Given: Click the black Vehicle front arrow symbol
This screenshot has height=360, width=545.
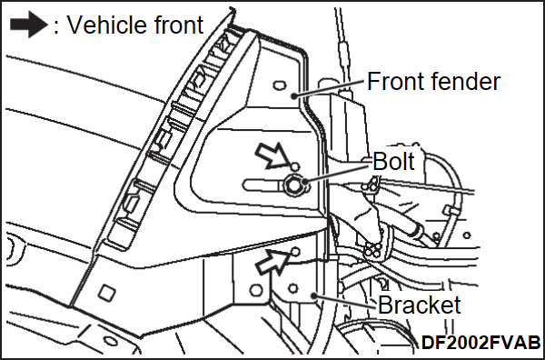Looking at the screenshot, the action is pyautogui.click(x=28, y=25).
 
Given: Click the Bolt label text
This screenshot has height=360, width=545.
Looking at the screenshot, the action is pyautogui.click(x=393, y=161).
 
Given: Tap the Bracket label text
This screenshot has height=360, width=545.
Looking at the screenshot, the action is pyautogui.click(x=419, y=305).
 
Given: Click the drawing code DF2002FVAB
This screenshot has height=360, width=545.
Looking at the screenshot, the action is pyautogui.click(x=481, y=343).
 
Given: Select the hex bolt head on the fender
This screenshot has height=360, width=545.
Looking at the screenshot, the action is pyautogui.click(x=293, y=185).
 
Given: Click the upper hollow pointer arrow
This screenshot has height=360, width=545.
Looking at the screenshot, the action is pyautogui.click(x=272, y=156).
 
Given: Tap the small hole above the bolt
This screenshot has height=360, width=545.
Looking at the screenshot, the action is pyautogui.click(x=294, y=166).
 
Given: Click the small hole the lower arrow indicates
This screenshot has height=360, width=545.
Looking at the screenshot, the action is pyautogui.click(x=295, y=252).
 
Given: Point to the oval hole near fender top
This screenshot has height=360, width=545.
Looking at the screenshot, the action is pyautogui.click(x=279, y=85).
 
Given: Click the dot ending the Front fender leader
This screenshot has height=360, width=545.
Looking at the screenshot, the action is pyautogui.click(x=294, y=95).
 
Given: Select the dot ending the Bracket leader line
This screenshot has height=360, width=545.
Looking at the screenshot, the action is pyautogui.click(x=314, y=296).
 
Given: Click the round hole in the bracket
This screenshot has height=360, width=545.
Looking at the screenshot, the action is pyautogui.click(x=293, y=288).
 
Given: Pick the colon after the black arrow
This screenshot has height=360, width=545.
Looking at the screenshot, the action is pyautogui.click(x=56, y=26).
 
